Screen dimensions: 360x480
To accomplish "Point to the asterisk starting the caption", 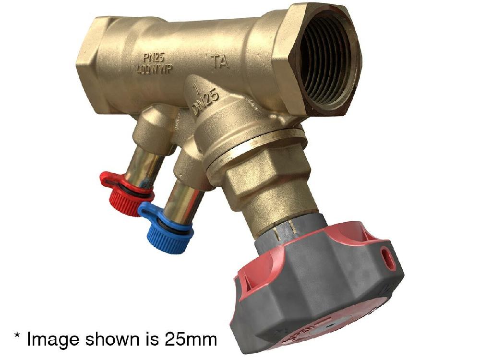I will tap(16, 336).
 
